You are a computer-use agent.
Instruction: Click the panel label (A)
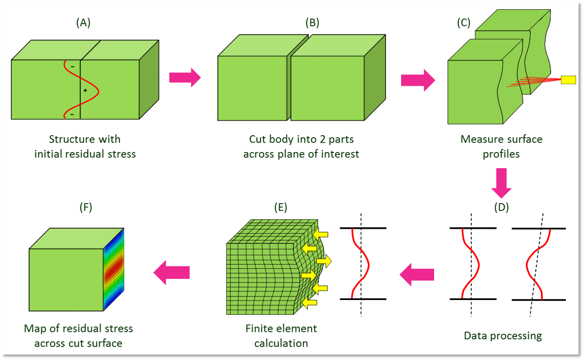click(84, 23)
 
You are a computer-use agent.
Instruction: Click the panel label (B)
click(312, 23)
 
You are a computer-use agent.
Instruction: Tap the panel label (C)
click(464, 23)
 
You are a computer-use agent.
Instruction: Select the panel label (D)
click(501, 207)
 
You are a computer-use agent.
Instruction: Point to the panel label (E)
click(281, 207)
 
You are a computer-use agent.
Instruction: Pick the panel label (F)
click(86, 207)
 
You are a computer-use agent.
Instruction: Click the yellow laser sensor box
click(568, 79)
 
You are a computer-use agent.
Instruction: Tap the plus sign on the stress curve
click(86, 90)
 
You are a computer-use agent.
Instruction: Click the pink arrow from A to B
click(185, 78)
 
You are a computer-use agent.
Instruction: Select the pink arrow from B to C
click(418, 80)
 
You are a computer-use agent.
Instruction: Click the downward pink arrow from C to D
click(501, 183)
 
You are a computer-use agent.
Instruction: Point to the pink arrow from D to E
click(417, 274)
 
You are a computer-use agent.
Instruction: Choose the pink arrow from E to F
click(172, 272)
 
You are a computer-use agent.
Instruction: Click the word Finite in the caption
click(259, 329)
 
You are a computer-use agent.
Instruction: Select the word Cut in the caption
click(257, 139)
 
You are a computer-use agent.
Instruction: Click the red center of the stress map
click(114, 269)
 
